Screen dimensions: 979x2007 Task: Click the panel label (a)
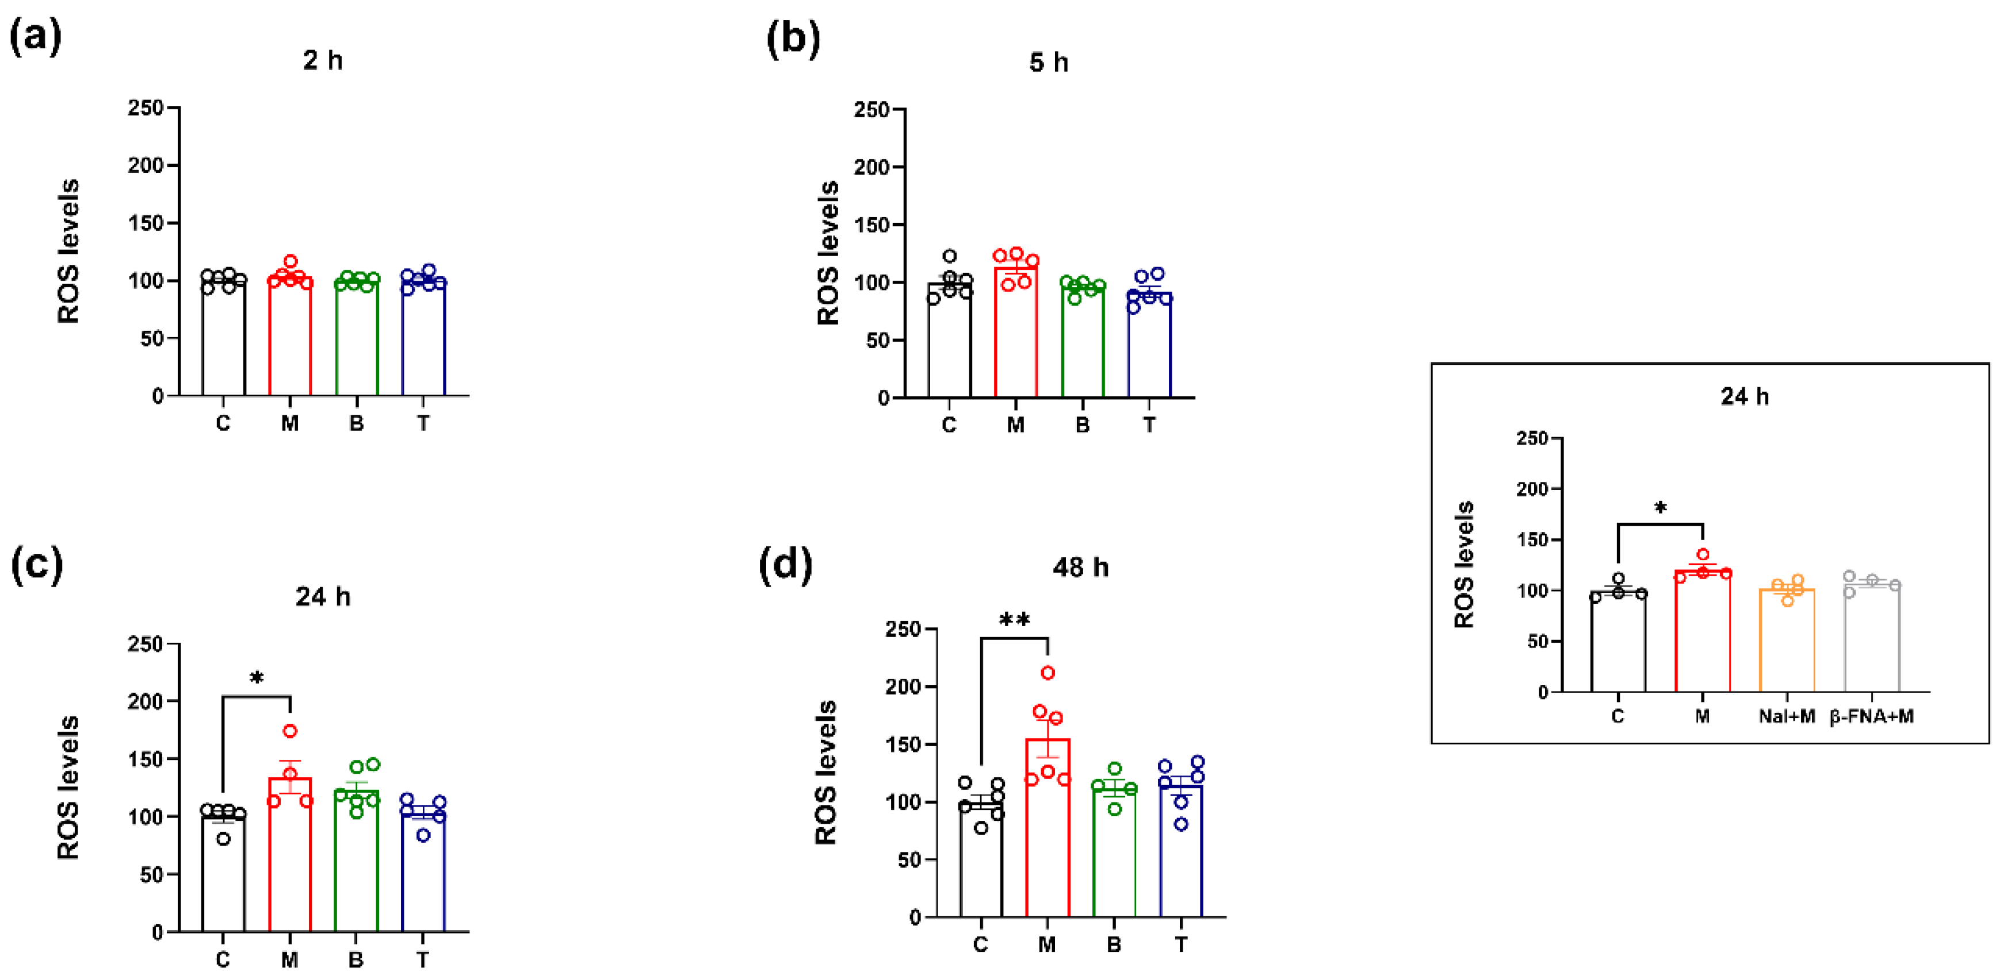click(35, 37)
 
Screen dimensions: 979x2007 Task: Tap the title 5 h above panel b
click(1048, 62)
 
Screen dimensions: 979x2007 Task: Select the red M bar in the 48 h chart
click(1047, 841)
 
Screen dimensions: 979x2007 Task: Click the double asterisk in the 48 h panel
click(1014, 621)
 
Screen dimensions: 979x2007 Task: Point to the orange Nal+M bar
click(1787, 643)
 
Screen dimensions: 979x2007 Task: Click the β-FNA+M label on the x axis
click(1871, 716)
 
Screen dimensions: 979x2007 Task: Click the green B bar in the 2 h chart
click(357, 343)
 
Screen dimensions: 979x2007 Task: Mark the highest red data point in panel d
click(1048, 672)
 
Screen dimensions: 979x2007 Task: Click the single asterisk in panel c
click(257, 678)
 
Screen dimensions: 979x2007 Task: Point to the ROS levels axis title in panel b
click(827, 253)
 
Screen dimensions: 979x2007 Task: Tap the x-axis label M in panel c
click(289, 959)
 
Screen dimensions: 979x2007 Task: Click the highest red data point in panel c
click(290, 731)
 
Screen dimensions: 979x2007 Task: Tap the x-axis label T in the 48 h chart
click(1181, 944)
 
